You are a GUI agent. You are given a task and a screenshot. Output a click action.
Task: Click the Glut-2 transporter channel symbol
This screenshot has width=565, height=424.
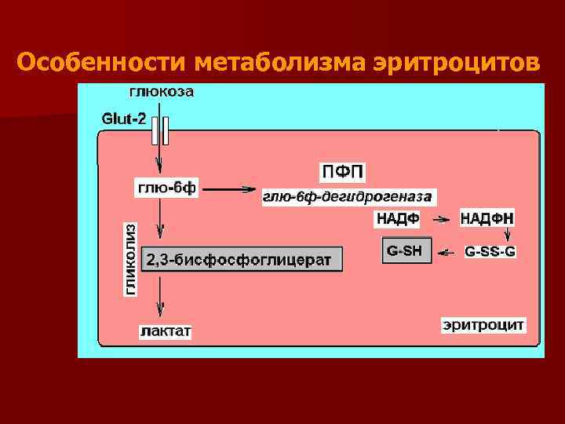159,130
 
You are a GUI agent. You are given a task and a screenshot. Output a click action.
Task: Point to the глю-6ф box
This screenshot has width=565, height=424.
167,188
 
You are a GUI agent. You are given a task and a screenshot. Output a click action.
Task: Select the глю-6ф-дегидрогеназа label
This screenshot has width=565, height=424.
348,196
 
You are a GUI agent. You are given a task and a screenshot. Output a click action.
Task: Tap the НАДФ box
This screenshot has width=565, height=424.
398,218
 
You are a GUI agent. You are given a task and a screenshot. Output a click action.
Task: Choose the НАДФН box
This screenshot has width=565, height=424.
487,218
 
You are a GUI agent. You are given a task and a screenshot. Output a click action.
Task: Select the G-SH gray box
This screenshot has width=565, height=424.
406,250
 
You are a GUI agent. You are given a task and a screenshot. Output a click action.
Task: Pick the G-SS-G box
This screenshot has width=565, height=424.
490,252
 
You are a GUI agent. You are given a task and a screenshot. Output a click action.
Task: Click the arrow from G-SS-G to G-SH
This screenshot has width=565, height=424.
447,252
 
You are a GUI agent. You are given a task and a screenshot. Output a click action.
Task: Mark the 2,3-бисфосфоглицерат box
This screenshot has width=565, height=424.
242,259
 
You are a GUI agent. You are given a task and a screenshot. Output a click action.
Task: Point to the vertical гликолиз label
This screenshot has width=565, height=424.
130,259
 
